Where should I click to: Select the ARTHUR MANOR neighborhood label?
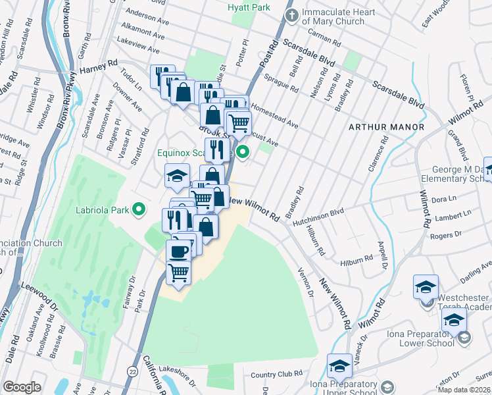[x=386, y=126]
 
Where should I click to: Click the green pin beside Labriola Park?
[x=139, y=210]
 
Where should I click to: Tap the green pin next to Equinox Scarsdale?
[x=243, y=153]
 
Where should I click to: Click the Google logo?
[x=22, y=387]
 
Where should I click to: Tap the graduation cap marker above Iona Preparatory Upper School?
[x=340, y=366]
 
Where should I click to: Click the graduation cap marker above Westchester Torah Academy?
[x=426, y=287]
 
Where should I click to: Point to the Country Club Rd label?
[x=276, y=376]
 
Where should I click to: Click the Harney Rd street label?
[x=98, y=66]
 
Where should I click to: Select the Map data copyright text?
[x=464, y=389]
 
